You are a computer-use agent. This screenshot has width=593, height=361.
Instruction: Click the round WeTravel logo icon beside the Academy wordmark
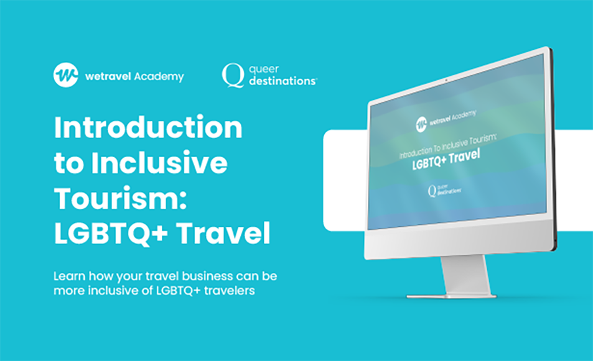(66, 75)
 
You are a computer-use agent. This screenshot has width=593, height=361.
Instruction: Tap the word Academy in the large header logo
(159, 77)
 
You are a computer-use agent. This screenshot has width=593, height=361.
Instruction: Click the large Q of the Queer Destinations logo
(233, 75)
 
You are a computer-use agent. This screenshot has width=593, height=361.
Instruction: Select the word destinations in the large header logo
(282, 81)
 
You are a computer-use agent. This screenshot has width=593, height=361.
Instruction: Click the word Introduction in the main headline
(148, 127)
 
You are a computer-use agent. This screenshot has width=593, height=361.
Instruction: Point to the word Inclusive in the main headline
(159, 163)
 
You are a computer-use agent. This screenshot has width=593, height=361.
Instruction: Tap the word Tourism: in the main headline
(121, 198)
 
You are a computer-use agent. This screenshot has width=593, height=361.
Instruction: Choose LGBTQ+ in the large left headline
(111, 234)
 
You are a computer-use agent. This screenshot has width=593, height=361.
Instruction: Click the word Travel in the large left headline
(223, 234)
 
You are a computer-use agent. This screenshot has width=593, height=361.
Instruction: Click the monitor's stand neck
(466, 275)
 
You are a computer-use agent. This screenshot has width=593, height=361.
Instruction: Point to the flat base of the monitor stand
(451, 296)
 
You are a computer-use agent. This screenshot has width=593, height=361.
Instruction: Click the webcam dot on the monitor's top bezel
(446, 80)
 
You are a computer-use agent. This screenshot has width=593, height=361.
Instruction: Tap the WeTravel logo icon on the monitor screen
(421, 124)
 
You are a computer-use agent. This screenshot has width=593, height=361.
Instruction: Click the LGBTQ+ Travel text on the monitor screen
(446, 159)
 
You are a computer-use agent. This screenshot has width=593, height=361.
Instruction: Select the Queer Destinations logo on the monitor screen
(444, 191)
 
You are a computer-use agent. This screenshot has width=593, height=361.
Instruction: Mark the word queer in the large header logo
(264, 70)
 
